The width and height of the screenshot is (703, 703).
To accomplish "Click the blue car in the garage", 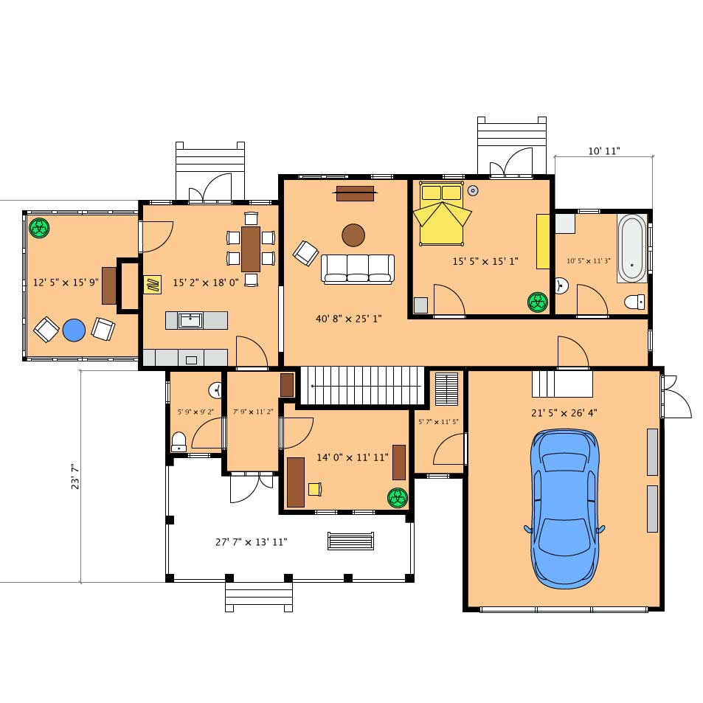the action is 564,508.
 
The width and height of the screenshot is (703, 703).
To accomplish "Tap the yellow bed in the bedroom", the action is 442,214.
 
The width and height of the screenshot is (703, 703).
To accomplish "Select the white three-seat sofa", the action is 358,269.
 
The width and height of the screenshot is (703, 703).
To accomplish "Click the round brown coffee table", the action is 353,235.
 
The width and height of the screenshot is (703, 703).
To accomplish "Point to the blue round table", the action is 74,330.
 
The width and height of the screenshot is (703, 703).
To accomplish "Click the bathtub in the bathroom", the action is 632,249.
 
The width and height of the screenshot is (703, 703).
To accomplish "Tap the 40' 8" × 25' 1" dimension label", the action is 348,319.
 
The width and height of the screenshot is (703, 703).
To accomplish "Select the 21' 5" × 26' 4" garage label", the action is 564,413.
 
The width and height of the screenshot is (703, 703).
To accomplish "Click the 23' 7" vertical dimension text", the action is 75,477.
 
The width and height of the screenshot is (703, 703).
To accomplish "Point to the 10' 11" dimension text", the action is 603,151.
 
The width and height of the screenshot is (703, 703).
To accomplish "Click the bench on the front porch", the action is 350,541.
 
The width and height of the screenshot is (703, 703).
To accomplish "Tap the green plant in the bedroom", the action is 538,302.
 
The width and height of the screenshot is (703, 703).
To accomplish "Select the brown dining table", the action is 251,249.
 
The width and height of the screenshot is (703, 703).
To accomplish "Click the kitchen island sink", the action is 190,321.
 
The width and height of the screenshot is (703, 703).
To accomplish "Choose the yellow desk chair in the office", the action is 315,489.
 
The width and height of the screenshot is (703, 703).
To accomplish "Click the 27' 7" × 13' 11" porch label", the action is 251,542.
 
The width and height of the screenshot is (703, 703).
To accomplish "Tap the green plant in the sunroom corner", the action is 39,228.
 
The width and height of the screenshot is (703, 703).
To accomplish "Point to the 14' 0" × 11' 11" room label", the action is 353,457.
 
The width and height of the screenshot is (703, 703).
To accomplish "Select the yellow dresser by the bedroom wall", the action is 543,242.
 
